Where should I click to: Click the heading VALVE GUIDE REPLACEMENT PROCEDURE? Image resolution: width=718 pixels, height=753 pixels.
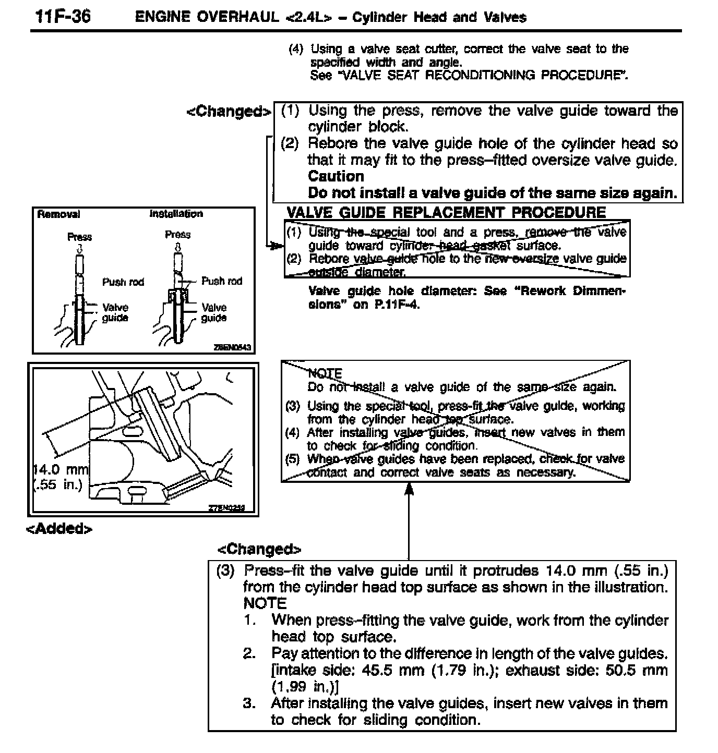pyautogui.click(x=446, y=212)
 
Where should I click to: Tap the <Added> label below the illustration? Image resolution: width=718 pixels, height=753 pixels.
pyautogui.click(x=59, y=529)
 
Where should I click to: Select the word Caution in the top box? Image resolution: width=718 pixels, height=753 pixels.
pyautogui.click(x=336, y=176)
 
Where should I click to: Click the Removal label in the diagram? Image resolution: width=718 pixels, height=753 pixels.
pyautogui.click(x=58, y=214)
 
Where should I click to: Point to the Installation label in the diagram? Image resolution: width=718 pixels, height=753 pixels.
pyautogui.click(x=176, y=214)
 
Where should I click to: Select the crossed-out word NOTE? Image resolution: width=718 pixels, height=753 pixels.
pyautogui.click(x=325, y=373)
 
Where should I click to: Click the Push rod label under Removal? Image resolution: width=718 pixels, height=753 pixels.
pyautogui.click(x=123, y=282)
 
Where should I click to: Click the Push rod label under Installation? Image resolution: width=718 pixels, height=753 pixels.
pyautogui.click(x=222, y=281)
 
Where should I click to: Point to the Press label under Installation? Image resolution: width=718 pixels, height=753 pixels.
pyautogui.click(x=177, y=235)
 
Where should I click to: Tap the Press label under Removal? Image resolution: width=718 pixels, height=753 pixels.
pyautogui.click(x=79, y=237)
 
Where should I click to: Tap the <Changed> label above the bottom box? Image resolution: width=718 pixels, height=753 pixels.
pyautogui.click(x=259, y=549)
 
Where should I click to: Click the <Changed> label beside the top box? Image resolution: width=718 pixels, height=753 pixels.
pyautogui.click(x=229, y=112)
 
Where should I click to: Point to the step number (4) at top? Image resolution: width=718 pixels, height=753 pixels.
pyautogui.click(x=296, y=50)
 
